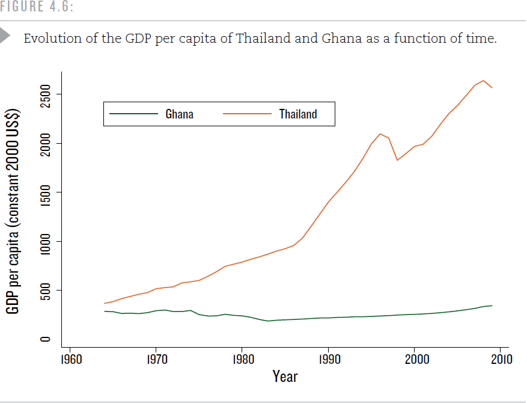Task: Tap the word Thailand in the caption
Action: click(261, 38)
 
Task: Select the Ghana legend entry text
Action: click(180, 114)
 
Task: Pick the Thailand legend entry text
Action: click(297, 114)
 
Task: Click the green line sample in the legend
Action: click(132, 114)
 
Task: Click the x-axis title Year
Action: click(285, 377)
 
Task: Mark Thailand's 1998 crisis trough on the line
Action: click(397, 160)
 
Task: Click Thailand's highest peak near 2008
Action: click(483, 81)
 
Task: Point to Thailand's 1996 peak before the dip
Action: click(380, 134)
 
